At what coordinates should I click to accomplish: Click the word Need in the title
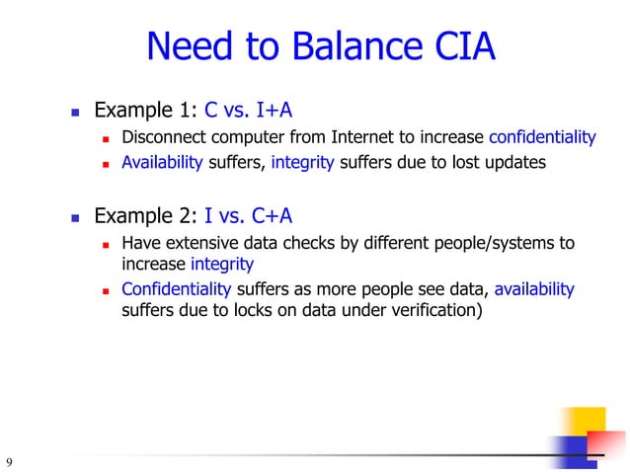(x=187, y=46)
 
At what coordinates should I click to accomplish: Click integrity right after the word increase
(x=222, y=265)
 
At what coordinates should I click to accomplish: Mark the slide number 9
(x=9, y=462)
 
